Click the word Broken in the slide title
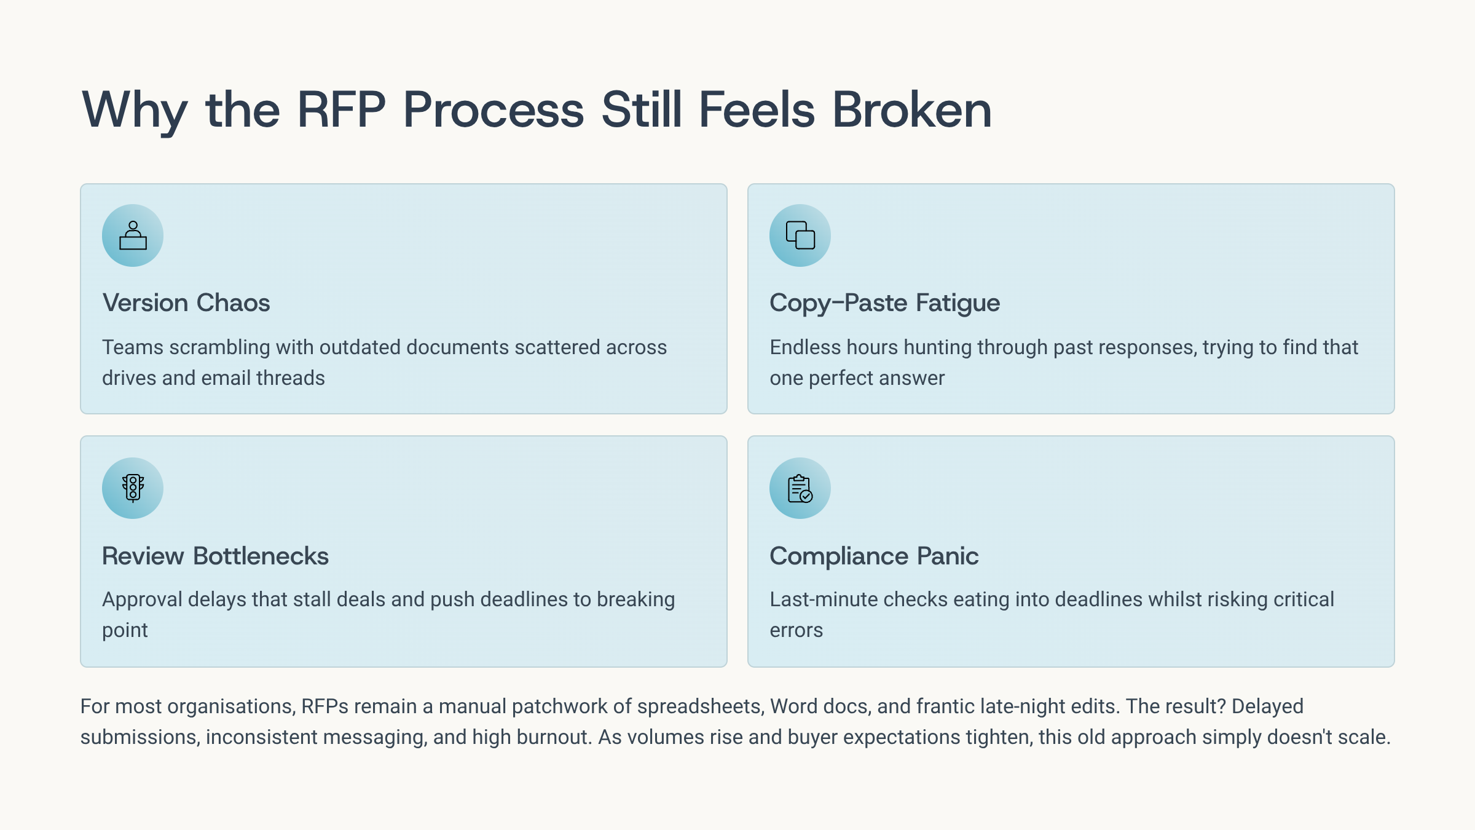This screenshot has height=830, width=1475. pyautogui.click(x=912, y=110)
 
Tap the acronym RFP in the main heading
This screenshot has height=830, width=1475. pyautogui.click(x=341, y=110)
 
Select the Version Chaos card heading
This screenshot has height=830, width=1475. pyautogui.click(x=186, y=302)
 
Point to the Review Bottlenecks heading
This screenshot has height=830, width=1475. pyautogui.click(x=215, y=556)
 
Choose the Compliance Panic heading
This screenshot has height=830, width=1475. pyautogui.click(x=874, y=556)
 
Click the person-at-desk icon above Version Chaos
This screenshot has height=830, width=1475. pyautogui.click(x=133, y=235)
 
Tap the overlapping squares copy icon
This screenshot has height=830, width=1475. pyautogui.click(x=800, y=235)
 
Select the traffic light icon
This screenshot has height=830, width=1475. pyautogui.click(x=133, y=488)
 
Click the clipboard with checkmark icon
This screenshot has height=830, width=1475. pyautogui.click(x=800, y=488)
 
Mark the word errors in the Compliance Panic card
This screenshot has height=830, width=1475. pyautogui.click(x=796, y=631)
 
